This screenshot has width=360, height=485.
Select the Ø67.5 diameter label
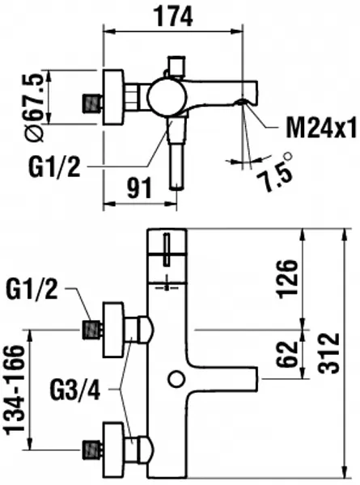(34, 108)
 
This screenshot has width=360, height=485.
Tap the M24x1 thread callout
(321, 128)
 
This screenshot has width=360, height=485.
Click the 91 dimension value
(140, 188)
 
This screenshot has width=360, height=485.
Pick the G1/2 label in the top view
(54, 167)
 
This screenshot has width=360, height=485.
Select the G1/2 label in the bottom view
(32, 289)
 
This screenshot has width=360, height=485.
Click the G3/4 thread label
(75, 390)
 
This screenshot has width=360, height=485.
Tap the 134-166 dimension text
(15, 390)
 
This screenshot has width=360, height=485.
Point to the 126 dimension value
(289, 280)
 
